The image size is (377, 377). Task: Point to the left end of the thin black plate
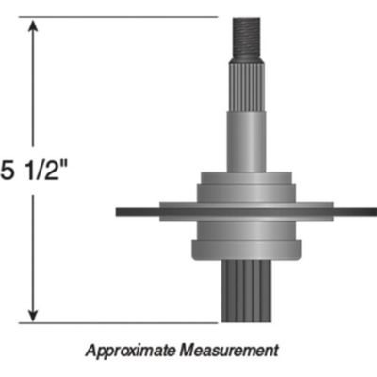click(x=121, y=212)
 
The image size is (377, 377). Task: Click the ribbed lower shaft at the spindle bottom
click(x=247, y=292)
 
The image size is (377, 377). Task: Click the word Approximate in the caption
click(x=128, y=351)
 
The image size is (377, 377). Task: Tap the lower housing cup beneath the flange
click(x=247, y=247)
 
